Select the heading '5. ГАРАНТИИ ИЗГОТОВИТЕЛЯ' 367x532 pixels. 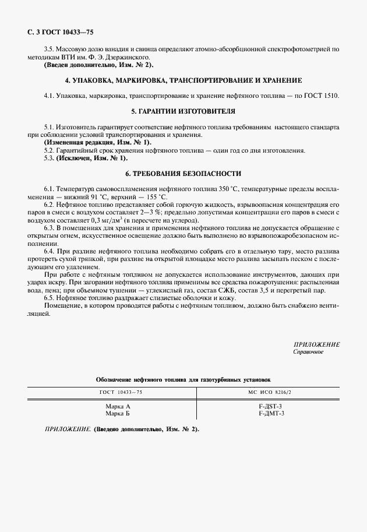tap(183, 111)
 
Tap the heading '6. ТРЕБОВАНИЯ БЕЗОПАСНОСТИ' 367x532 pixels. tap(183, 174)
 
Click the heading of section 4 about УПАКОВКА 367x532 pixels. tap(183, 79)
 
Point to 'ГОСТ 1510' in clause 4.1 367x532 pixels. tap(322, 95)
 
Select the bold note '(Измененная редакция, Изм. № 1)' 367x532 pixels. tap(97, 142)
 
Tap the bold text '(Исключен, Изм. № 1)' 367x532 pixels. tap(91, 158)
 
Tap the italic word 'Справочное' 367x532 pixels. tap(308, 353)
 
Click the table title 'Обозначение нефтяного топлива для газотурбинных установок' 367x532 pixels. tap(183, 379)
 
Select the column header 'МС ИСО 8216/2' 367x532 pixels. tap(269, 392)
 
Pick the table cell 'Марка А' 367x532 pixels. tap(118, 406)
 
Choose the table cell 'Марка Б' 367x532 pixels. tap(118, 413)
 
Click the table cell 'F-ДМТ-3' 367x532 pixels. tap(270, 413)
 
